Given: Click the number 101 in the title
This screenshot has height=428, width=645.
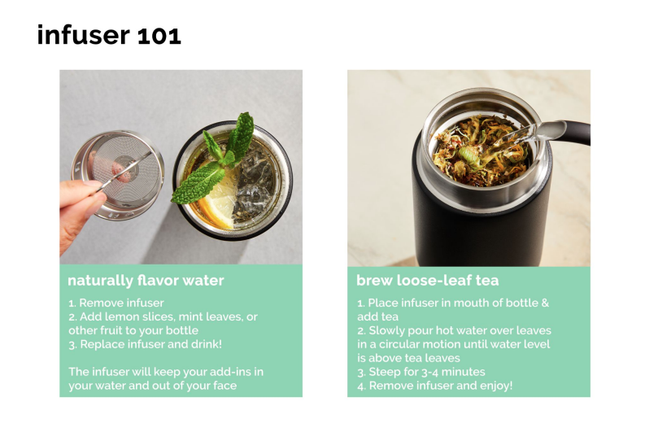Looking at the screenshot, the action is click(x=159, y=36).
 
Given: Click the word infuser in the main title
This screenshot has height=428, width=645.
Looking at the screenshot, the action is click(x=84, y=34).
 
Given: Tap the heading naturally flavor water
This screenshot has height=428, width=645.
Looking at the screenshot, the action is click(x=146, y=280).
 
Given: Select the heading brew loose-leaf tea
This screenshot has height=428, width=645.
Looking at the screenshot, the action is click(x=427, y=280).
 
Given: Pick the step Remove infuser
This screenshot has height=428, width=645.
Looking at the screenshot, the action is click(x=116, y=303).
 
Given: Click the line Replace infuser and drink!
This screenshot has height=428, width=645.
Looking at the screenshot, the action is click(x=146, y=344).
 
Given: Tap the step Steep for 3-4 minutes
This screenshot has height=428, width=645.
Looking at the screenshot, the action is click(x=421, y=372).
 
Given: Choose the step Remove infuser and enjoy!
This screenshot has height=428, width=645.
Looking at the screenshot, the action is click(x=435, y=386).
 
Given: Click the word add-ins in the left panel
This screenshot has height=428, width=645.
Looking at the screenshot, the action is click(x=230, y=372).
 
